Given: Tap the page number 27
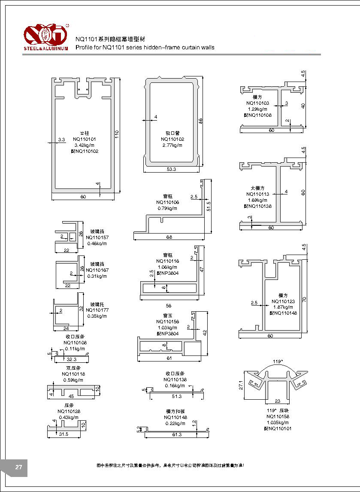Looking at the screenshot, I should (18, 468).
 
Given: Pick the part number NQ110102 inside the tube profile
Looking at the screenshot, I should (172, 139).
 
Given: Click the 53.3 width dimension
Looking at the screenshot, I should (171, 170).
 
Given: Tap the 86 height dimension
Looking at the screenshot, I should (200, 121).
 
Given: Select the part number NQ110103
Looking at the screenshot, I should (258, 103).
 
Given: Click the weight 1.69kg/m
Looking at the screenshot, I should (258, 200).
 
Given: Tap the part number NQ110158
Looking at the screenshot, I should (278, 416).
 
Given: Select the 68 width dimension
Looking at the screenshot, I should (169, 237).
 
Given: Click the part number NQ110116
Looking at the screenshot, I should (168, 261).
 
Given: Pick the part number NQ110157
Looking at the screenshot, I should (97, 237).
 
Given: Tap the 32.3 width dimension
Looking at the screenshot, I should (72, 359).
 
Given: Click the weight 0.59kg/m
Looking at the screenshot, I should (73, 380).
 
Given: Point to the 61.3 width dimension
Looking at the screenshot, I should (176, 435).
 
